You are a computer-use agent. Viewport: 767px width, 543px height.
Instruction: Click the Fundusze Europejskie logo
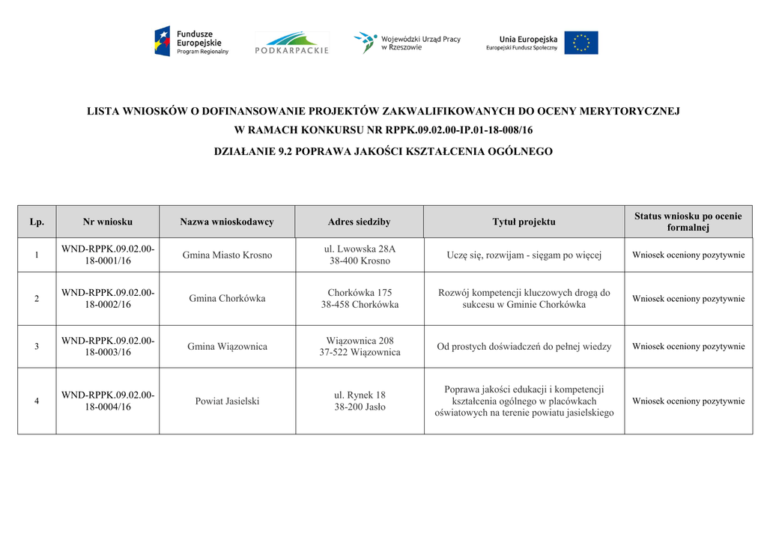coord(191,41)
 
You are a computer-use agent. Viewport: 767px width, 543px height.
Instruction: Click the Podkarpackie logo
coord(291,43)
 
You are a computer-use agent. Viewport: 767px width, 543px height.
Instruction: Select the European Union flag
coord(581,43)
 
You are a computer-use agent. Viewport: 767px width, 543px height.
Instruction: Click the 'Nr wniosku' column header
coord(108,222)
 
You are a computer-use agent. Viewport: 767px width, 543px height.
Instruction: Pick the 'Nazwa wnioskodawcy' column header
coord(227,222)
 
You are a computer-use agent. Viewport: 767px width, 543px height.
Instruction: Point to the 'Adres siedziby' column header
coord(359,222)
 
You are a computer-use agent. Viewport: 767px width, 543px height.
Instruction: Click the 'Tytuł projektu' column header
coord(524,222)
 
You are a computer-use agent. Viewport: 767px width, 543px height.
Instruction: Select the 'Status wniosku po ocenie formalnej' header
coord(688,222)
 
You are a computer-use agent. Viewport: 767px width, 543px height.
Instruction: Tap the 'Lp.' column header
coord(37,222)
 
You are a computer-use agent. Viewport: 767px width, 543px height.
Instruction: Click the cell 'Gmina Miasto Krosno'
coord(227,255)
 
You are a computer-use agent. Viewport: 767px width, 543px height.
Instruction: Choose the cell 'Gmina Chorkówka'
coord(227,299)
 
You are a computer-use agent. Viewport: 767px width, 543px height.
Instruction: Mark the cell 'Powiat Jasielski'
coord(227,401)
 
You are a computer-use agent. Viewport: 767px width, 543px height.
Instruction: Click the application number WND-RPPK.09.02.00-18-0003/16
coord(108,347)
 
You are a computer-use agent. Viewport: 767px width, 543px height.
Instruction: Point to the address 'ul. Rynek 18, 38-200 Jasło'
coord(360,401)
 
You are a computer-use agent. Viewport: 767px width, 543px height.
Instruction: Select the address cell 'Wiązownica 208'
coord(360,347)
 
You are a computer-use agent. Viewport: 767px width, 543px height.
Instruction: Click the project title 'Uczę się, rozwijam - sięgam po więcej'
coord(524,255)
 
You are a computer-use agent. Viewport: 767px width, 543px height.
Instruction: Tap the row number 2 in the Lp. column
coord(37,299)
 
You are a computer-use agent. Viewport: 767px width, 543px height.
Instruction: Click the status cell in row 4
coord(688,401)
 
